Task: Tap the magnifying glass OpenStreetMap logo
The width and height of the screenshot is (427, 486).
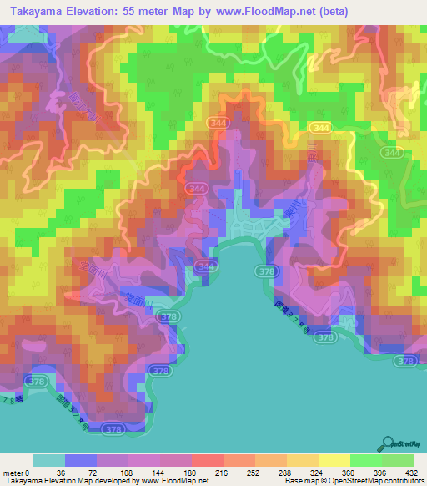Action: tap(389, 445)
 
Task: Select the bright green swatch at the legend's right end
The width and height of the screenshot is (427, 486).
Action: tap(398, 460)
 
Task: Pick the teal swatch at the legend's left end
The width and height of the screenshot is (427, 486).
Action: tap(49, 460)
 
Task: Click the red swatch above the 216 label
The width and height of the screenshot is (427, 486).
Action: tap(208, 460)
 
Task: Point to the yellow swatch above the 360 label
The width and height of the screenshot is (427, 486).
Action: tap(334, 460)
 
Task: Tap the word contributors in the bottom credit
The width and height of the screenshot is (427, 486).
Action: tap(403, 482)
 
